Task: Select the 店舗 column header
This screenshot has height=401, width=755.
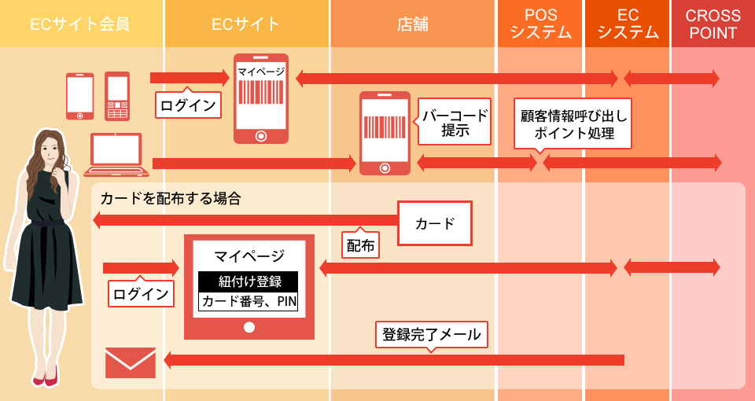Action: tap(412, 24)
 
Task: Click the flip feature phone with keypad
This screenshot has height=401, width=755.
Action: tap(117, 96)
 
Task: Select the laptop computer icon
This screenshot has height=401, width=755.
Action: tap(116, 154)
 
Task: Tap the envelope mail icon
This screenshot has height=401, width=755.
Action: tap(131, 362)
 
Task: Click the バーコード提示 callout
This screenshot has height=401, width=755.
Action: tap(454, 123)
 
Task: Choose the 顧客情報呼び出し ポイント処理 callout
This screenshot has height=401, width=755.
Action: tap(573, 124)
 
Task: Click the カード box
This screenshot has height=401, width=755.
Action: tap(435, 223)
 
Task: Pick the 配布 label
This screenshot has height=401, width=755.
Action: tap(361, 245)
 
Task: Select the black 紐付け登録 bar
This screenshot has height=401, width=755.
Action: tap(249, 281)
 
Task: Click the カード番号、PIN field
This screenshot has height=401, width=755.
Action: tap(249, 301)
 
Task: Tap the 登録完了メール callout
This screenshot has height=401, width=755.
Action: tap(431, 334)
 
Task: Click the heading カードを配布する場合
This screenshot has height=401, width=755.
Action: tap(170, 198)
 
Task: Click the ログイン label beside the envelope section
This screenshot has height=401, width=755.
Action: tap(141, 294)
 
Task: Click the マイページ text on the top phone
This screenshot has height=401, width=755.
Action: tap(260, 71)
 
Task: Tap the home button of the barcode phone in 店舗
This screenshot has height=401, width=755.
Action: tap(385, 167)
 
